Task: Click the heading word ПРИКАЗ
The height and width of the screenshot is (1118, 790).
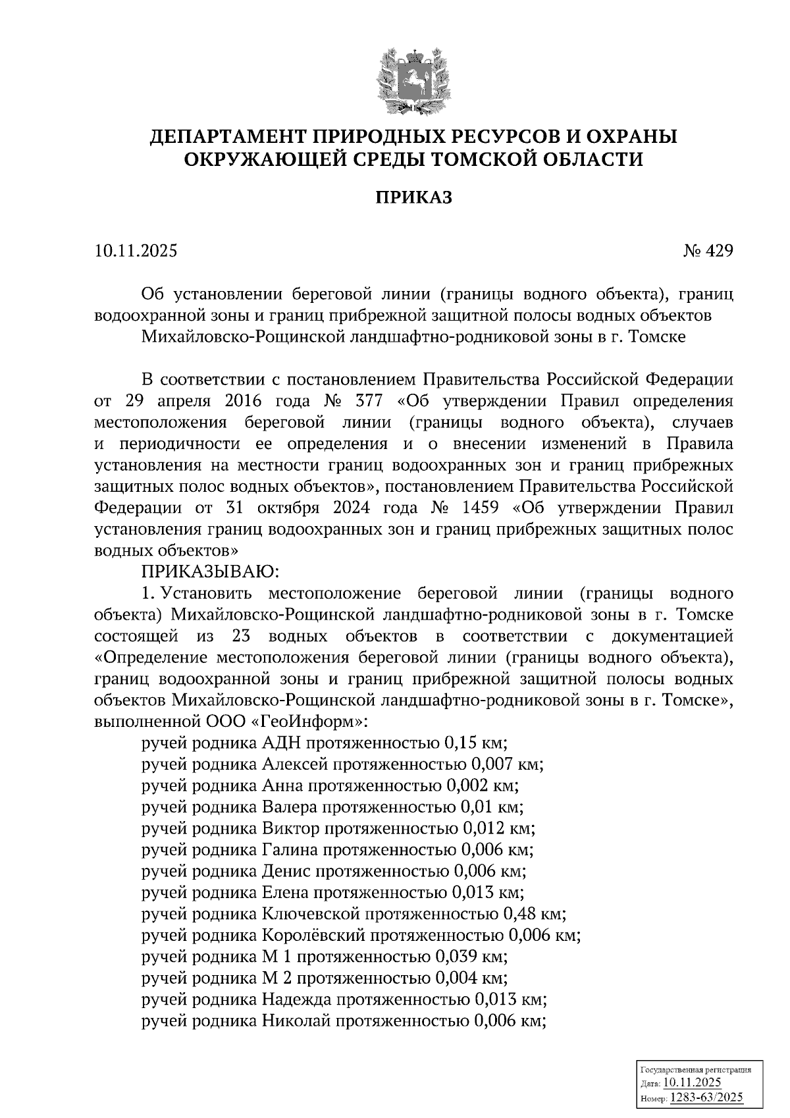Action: pos(414,198)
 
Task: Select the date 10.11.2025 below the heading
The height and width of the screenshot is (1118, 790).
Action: pos(136,251)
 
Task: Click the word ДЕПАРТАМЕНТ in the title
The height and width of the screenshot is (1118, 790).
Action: pos(224,137)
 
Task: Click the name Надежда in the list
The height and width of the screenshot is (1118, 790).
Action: pos(296,999)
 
